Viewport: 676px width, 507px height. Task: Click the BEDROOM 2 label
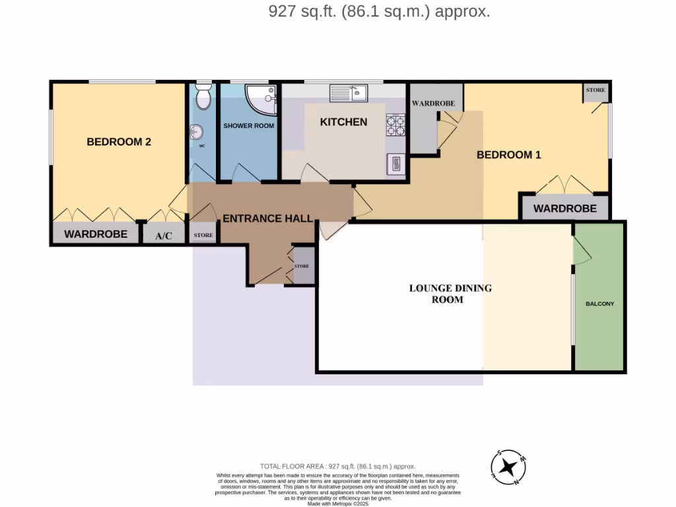(119, 141)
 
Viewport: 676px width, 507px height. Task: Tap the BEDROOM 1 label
(509, 155)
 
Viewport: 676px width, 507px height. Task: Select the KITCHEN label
(343, 122)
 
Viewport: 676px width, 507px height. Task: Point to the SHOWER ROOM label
(248, 125)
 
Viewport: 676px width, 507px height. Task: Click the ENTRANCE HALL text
(267, 219)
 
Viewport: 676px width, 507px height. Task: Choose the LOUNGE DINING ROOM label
(450, 294)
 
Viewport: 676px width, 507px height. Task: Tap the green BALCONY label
(599, 304)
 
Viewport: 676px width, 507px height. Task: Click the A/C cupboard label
(163, 236)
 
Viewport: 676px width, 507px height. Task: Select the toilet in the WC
(203, 97)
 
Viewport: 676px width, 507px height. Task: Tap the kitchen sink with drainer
(349, 93)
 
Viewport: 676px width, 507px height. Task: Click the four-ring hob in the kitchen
(395, 125)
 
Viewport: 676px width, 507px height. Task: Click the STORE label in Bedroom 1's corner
(595, 90)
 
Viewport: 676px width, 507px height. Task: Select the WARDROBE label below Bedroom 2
(95, 234)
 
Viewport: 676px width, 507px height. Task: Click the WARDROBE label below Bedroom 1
(564, 209)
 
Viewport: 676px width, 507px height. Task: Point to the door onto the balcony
(581, 251)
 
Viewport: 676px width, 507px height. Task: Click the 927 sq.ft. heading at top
(379, 11)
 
